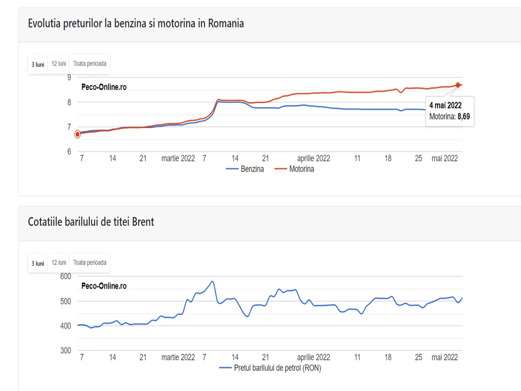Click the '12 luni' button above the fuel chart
tap(59, 64)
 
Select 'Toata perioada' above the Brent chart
tap(89, 263)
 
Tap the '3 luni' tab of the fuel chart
tap(38, 64)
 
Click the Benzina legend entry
tap(252, 169)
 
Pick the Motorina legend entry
tap(301, 169)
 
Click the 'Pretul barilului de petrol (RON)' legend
tap(277, 368)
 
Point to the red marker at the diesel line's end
tap(458, 85)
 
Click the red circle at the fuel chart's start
tap(78, 134)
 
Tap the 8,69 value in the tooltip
tap(463, 117)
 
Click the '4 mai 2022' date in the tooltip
tap(445, 105)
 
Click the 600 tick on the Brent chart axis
tap(66, 276)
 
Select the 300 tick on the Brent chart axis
tap(66, 351)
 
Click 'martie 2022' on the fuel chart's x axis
tap(178, 158)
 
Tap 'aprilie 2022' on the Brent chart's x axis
tap(313, 357)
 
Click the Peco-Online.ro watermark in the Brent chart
tap(104, 286)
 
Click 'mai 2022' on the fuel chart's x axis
tap(445, 158)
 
